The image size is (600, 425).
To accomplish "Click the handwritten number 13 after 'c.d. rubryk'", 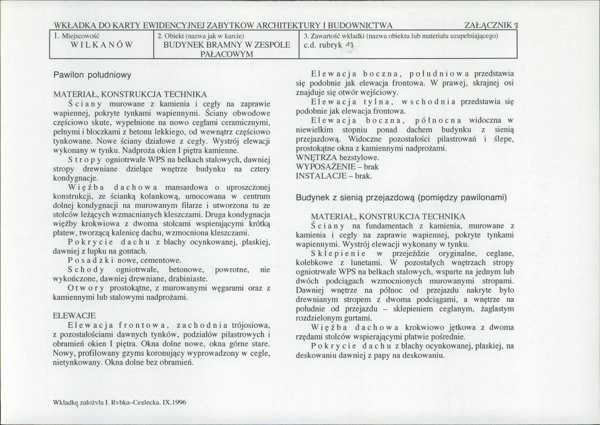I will coord(349,45).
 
